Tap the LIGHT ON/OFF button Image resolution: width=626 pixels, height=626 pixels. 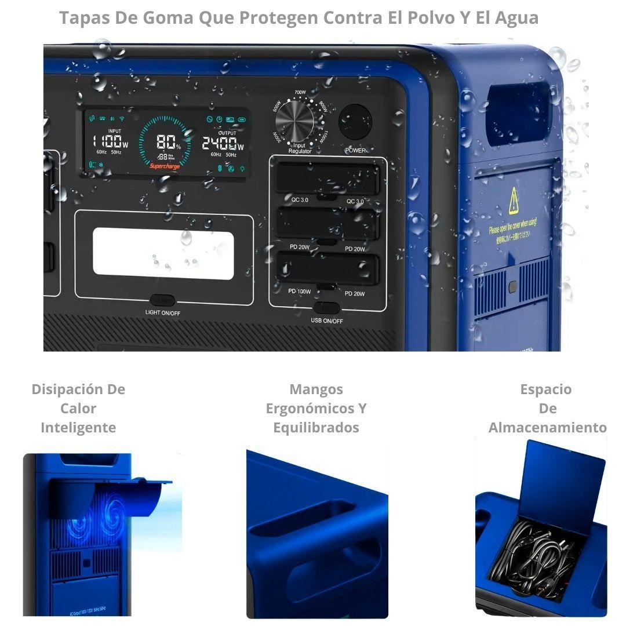(x=162, y=301)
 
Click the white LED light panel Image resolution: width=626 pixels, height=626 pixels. (x=163, y=253)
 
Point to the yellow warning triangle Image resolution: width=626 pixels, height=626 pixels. (x=514, y=202)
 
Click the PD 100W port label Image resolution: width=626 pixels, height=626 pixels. (x=300, y=292)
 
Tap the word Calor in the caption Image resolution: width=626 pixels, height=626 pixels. (x=78, y=408)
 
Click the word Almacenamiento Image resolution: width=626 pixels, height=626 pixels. (x=547, y=428)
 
